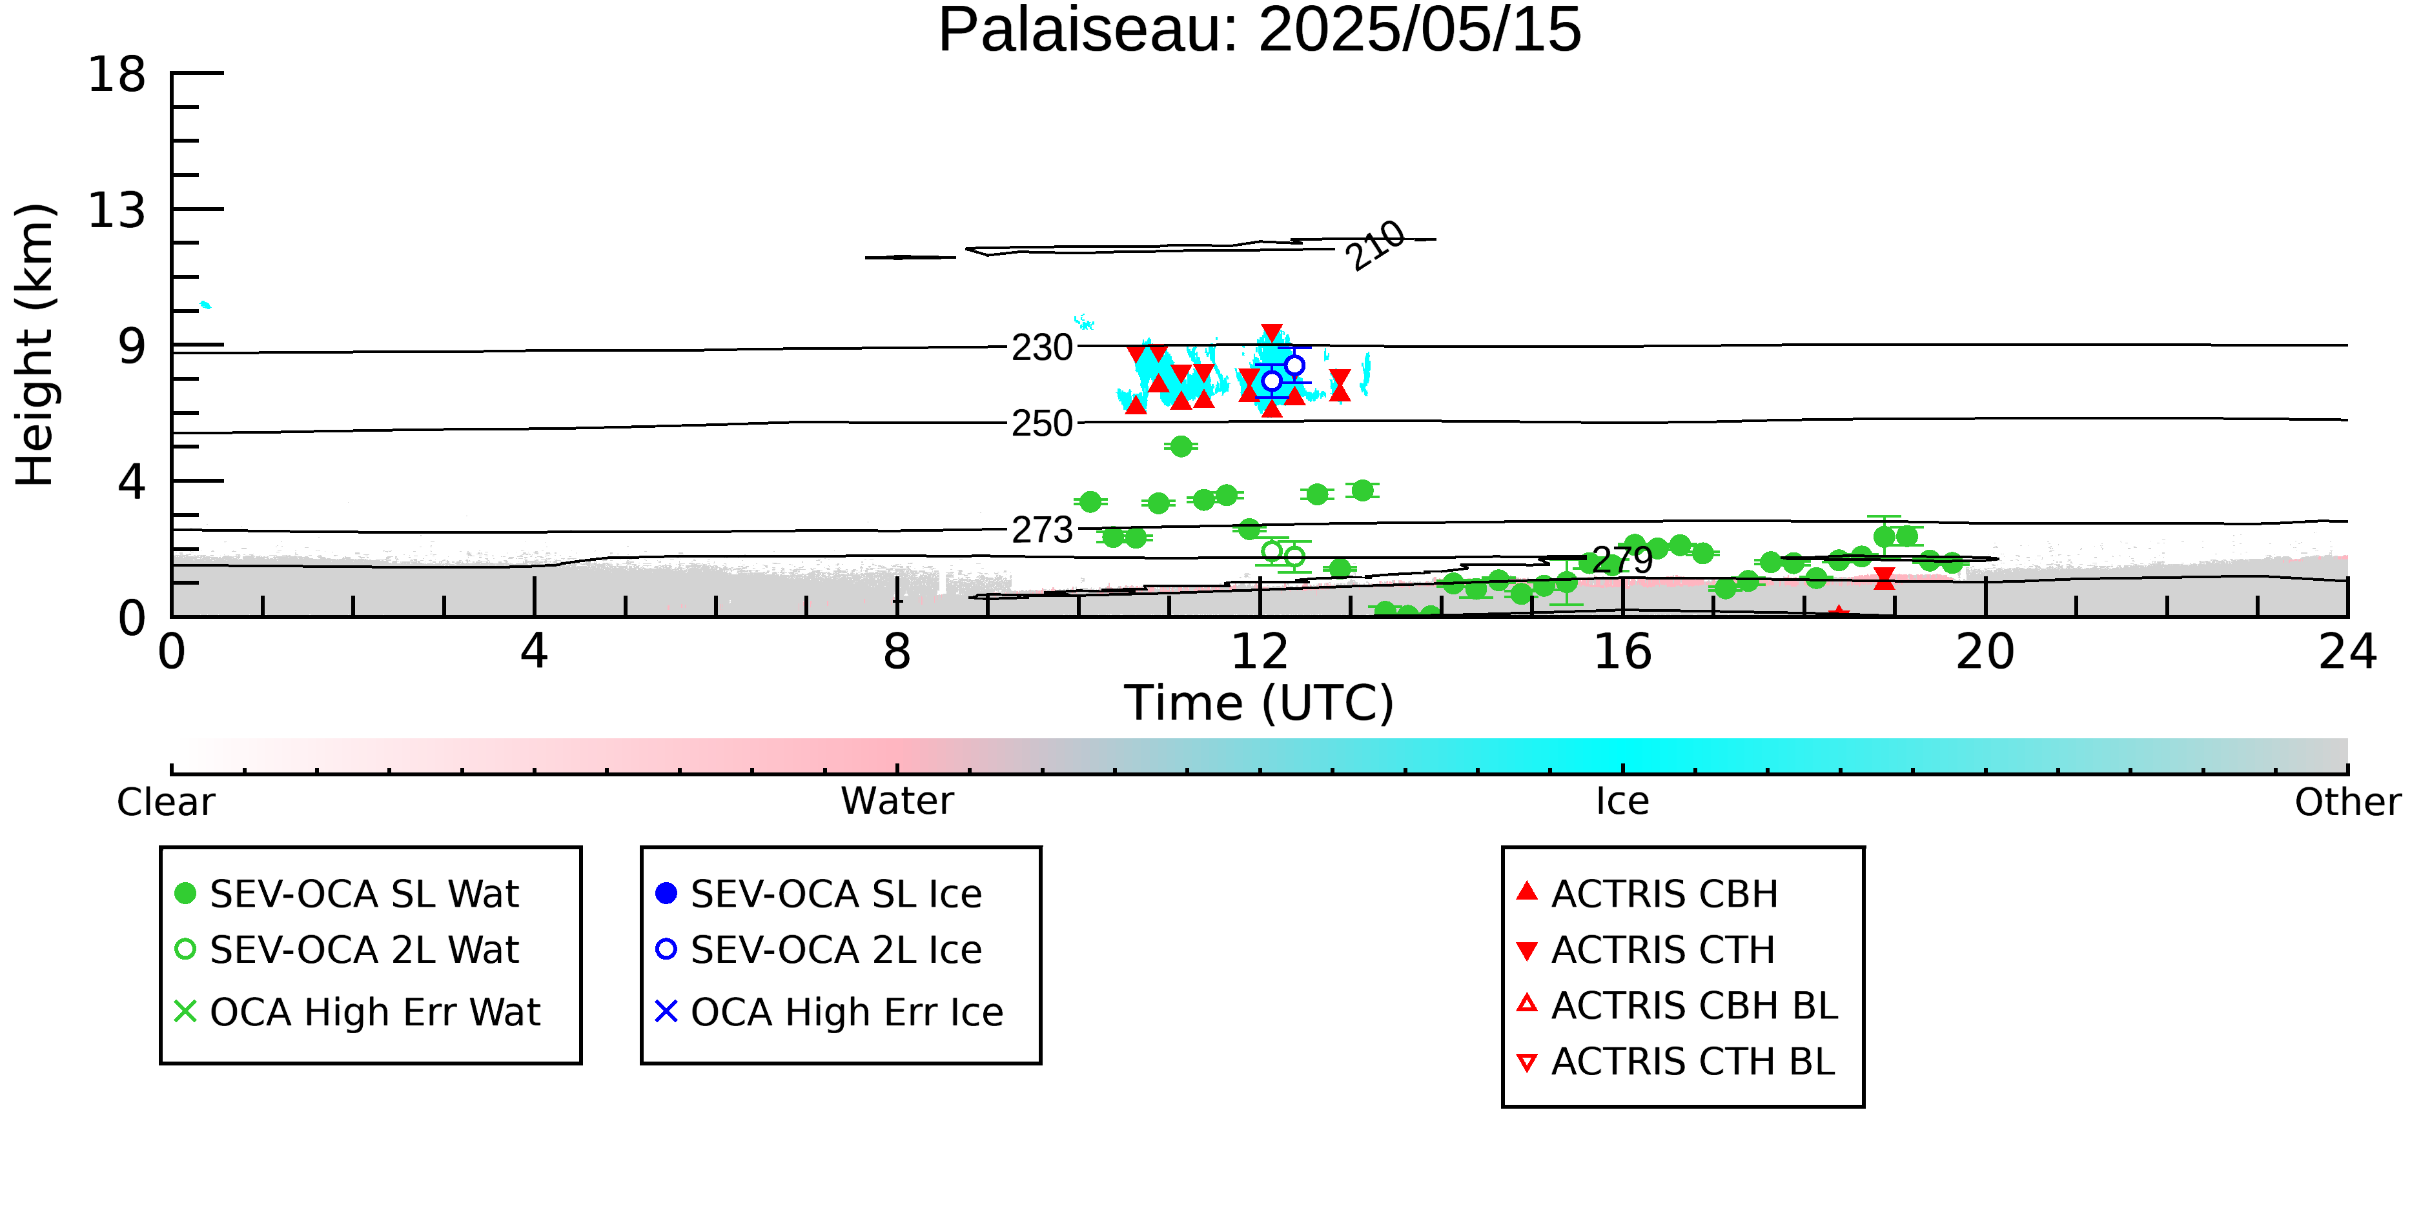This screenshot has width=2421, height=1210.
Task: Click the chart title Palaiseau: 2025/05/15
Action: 1260,30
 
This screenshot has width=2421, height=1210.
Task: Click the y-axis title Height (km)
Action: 36,345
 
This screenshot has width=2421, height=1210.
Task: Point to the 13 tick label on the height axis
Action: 117,210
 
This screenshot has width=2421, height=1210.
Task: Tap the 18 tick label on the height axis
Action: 117,74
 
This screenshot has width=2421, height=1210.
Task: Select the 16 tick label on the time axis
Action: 1622,652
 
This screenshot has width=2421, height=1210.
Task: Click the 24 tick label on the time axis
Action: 2347,652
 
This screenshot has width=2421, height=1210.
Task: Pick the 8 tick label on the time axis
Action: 897,652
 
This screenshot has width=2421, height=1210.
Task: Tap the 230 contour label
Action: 1041,348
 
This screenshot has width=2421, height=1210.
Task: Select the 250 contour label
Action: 1041,424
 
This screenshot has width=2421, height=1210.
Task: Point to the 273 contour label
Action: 1041,530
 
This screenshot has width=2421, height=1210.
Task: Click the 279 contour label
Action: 1622,561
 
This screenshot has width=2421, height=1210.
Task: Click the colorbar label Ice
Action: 1622,802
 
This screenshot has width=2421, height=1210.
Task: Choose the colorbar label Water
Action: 897,802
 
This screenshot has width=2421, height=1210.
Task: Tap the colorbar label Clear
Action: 165,802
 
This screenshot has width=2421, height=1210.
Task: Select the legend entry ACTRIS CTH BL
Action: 1676,1062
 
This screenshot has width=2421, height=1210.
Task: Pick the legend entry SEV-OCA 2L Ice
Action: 819,950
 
